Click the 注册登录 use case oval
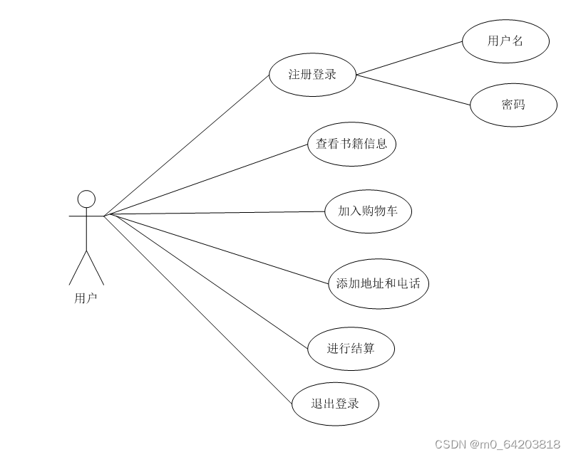coord(312,74)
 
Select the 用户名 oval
coord(505,41)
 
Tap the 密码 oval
coord(513,105)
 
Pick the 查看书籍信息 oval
coord(351,144)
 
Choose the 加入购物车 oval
coord(368,211)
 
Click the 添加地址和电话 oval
coord(379,283)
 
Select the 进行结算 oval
coord(351,348)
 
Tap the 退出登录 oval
coord(335,404)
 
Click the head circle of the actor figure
coord(86,199)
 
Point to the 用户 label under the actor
coord(86,298)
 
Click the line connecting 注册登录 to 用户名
coord(408,58)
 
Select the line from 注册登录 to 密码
coord(413,90)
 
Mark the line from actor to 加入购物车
coord(214,213)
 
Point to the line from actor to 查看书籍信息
coord(207,179)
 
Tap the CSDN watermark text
coord(497,445)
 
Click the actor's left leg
coord(78,268)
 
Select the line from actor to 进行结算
coord(207,280)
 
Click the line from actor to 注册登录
coord(187,145)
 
